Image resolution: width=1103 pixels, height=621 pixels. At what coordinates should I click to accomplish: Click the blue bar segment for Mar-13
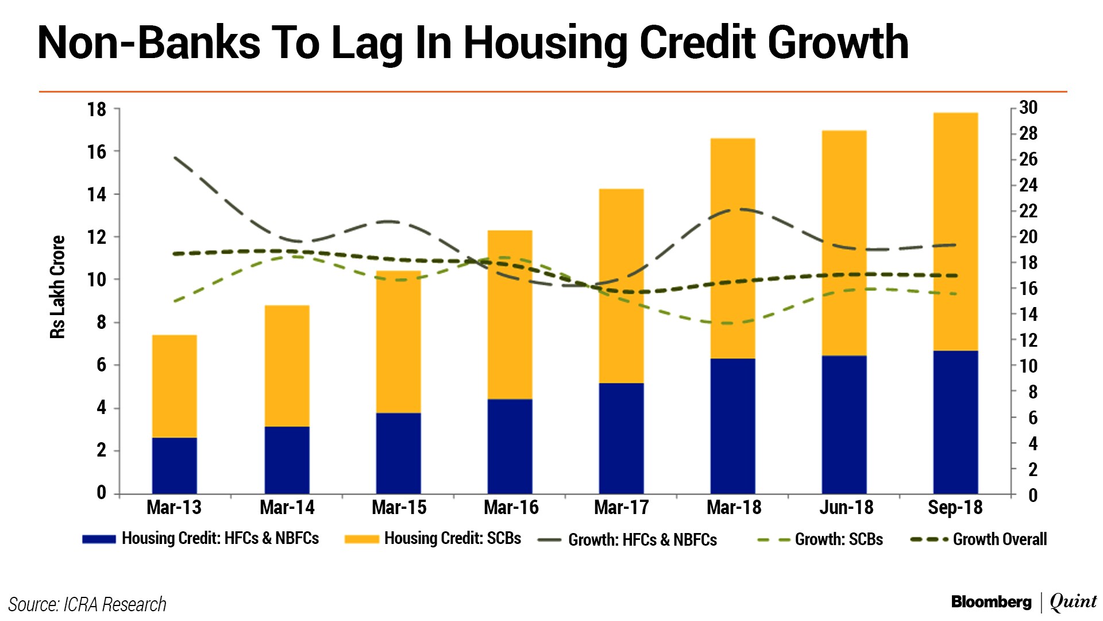(175, 465)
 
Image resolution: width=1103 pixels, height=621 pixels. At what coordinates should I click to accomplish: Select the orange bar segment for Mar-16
(510, 315)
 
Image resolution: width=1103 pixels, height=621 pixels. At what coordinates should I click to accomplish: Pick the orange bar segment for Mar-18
(732, 248)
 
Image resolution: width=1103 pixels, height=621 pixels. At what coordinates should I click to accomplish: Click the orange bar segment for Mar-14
(287, 366)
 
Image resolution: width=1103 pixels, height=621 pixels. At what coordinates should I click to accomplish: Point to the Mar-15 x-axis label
(399, 508)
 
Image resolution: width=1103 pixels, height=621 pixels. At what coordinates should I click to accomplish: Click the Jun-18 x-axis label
(846, 508)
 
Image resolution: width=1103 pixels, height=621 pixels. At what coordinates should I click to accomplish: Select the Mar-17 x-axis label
(621, 508)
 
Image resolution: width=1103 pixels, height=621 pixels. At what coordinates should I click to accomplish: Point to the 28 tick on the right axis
(1028, 133)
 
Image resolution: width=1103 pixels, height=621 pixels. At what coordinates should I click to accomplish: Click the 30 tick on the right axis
(1028, 108)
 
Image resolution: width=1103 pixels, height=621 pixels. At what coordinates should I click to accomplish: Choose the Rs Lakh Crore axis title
(57, 287)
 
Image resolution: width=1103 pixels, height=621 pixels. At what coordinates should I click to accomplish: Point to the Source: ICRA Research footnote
(87, 605)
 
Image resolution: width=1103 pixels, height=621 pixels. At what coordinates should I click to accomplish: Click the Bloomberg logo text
(991, 602)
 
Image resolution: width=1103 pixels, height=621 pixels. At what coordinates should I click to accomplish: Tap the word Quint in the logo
(1073, 602)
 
